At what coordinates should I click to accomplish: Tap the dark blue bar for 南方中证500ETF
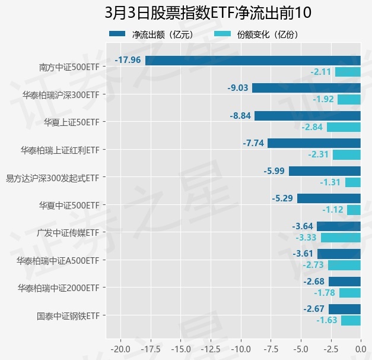coord(253,60)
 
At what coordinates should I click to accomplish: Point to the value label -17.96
coord(128,60)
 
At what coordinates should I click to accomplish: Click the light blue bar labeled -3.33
coord(341,238)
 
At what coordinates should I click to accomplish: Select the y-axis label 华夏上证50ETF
coord(71,122)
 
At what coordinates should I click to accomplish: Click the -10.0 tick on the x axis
coord(241,348)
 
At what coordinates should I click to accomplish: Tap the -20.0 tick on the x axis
coord(120,348)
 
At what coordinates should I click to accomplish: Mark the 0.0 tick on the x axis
coord(360,348)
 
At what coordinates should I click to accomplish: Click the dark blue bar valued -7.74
coord(314,143)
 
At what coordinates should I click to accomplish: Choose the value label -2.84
coord(311,127)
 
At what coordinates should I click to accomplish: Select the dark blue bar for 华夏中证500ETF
coord(329,198)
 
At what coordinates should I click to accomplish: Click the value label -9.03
coord(237,88)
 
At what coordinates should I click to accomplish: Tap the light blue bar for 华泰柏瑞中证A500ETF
coord(344,265)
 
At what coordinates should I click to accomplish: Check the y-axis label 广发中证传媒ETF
coord(67,232)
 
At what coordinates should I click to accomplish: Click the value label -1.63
coord(326,320)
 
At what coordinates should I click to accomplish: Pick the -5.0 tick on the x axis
coord(300,348)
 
